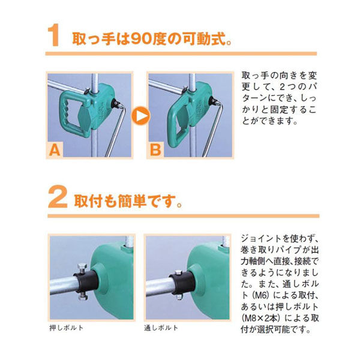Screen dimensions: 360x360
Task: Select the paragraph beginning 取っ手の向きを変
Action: (278, 98)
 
